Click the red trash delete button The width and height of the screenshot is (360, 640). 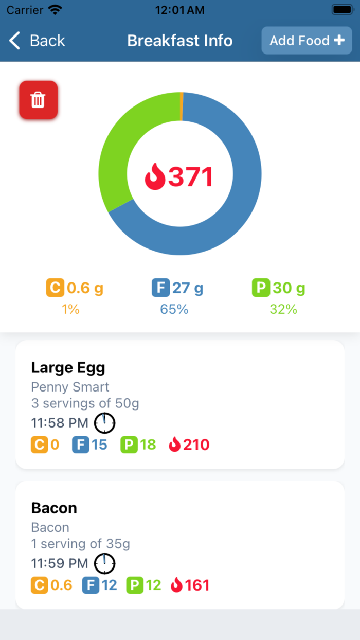[39, 100]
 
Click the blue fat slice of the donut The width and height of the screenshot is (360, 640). [237, 195]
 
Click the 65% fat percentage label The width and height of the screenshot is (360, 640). [174, 309]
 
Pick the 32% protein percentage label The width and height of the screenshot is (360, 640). [283, 309]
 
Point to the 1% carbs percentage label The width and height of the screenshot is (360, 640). [71, 309]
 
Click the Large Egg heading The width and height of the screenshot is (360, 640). [68, 368]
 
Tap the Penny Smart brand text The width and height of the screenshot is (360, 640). [70, 387]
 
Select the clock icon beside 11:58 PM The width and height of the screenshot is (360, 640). [105, 423]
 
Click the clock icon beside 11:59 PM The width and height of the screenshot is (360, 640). [105, 564]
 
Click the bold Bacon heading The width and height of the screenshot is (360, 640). [54, 508]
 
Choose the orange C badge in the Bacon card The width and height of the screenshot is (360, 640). [40, 585]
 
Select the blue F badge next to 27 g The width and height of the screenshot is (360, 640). [160, 288]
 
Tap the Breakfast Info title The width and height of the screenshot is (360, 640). [180, 41]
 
